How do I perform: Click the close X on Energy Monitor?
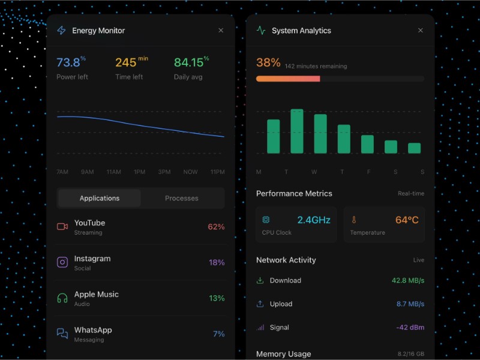click(x=221, y=31)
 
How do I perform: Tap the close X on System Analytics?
click(x=420, y=31)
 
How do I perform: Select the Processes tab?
click(x=182, y=198)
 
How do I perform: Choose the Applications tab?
click(x=100, y=198)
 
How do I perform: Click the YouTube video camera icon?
click(x=62, y=227)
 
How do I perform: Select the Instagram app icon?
click(x=62, y=262)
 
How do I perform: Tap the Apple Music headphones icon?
click(x=62, y=298)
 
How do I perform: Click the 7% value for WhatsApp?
click(x=218, y=334)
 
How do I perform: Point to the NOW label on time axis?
click(x=190, y=172)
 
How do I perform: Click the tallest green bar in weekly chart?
click(x=297, y=131)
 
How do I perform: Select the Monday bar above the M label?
click(x=273, y=136)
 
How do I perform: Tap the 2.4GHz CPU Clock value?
click(x=314, y=220)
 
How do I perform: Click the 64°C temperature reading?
click(x=407, y=220)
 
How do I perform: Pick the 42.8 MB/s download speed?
click(x=408, y=280)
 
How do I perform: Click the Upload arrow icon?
click(x=260, y=304)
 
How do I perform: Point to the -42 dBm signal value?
click(x=410, y=328)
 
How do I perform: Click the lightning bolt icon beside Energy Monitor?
click(x=61, y=31)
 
